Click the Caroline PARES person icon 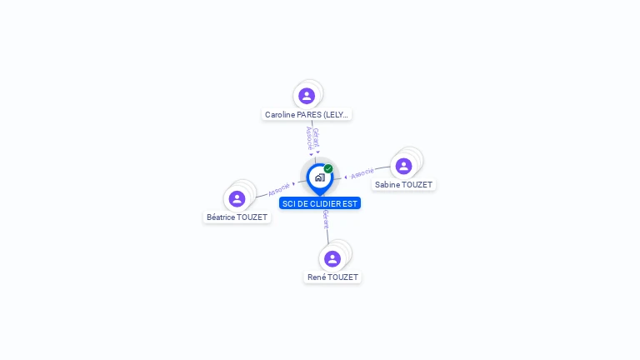point(307,96)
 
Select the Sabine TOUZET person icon point(403,166)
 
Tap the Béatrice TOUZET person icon point(237,198)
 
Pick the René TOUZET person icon point(332,258)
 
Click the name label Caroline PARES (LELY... point(307,115)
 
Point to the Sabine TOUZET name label point(404,185)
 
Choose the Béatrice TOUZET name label point(237,217)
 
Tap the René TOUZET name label point(332,277)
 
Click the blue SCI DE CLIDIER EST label point(320,203)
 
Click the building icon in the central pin point(319,177)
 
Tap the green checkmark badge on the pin point(328,168)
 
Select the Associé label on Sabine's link point(362,173)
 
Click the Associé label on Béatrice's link point(279,189)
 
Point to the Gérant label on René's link point(326,219)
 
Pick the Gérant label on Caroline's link point(317,137)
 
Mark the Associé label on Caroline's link point(309,137)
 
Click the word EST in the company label point(351,203)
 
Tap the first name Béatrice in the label point(222,217)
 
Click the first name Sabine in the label point(387,185)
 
